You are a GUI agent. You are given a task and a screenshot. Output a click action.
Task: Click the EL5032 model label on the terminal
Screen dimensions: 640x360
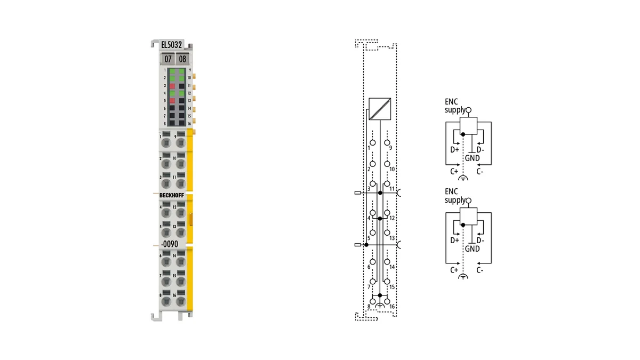pyautogui.click(x=171, y=45)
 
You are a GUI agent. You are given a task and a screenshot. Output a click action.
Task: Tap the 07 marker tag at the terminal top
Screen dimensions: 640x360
pyautogui.click(x=167, y=59)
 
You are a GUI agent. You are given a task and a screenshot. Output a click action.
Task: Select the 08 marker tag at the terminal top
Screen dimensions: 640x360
pyautogui.click(x=182, y=59)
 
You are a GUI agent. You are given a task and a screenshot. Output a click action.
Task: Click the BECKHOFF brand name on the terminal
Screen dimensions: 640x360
pyautogui.click(x=172, y=195)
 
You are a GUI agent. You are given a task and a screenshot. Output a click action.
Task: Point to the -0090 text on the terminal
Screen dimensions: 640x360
pyautogui.click(x=170, y=244)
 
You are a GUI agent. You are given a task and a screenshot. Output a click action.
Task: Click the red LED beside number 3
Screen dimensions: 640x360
pyautogui.click(x=172, y=86)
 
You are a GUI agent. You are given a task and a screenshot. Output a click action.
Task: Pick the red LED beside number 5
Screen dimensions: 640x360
pyautogui.click(x=172, y=101)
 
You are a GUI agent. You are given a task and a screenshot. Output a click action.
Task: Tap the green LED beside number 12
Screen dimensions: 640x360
pyautogui.click(x=181, y=93)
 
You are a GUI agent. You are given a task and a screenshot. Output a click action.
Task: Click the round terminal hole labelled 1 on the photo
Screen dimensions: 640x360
pyautogui.click(x=166, y=142)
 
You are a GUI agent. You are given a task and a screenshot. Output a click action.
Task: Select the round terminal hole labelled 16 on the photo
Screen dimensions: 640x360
pyautogui.click(x=181, y=301)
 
